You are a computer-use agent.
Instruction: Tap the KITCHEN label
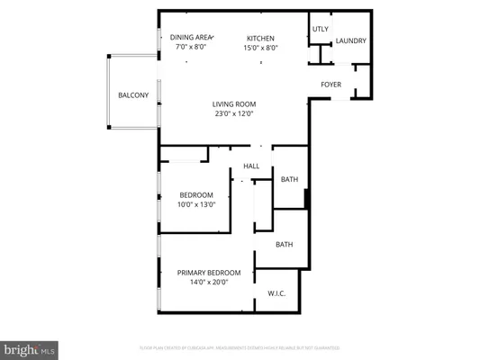[262, 37]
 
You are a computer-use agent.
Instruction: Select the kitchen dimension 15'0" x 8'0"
[262, 48]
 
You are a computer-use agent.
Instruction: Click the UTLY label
[320, 29]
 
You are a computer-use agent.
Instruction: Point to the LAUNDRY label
[351, 40]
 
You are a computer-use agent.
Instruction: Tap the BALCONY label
[133, 94]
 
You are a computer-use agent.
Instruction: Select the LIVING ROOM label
[234, 103]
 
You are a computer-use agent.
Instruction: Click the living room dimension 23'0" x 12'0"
[234, 114]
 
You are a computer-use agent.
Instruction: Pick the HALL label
[251, 166]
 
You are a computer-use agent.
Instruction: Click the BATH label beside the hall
[289, 179]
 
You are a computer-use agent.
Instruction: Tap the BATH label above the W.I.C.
[285, 244]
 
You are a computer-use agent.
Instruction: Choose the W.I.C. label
[276, 294]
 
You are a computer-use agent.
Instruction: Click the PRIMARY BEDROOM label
[209, 273]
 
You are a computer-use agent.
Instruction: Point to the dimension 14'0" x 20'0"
[209, 283]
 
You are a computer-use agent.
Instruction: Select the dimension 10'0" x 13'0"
[195, 205]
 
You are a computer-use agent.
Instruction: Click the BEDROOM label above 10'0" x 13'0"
[195, 195]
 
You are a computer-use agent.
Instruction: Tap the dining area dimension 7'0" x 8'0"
[188, 48]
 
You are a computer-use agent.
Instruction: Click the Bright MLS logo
[30, 348]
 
